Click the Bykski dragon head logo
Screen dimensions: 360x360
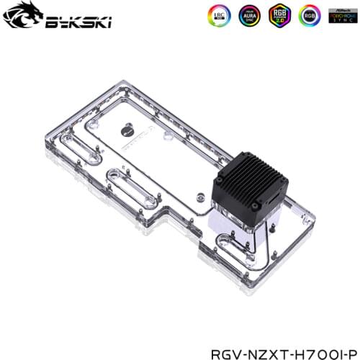20,19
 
